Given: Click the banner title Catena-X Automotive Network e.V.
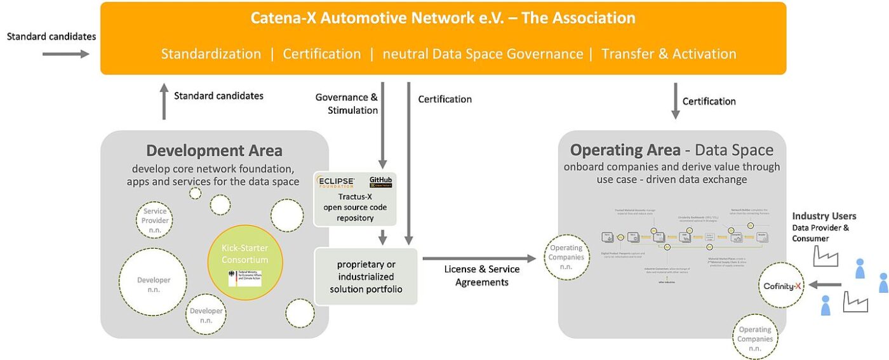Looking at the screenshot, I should coord(443,18).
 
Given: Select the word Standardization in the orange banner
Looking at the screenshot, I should coord(211,54).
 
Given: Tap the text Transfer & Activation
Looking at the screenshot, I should coord(669,54).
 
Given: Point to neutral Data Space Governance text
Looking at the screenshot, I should coord(483,54).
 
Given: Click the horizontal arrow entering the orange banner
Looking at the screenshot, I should coord(66,55).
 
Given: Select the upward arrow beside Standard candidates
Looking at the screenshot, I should coord(164,102).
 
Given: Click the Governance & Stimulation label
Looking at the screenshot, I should coord(347,103).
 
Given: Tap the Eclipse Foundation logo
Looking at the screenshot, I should coord(337,182).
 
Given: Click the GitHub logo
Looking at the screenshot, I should coord(381,182).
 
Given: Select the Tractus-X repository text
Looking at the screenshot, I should coord(355,207).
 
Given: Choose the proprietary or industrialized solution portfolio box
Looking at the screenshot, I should coord(366,277).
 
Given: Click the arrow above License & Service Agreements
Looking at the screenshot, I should coord(479,258).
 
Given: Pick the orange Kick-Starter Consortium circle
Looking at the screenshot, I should coord(244,262).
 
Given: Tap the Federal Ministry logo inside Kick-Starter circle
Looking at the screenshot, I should coord(244,277).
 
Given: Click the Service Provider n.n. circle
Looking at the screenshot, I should coord(154,220).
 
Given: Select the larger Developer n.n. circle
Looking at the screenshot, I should coord(154,284).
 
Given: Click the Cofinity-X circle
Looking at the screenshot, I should coord(780,286).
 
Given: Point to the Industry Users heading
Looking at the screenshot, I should coord(824,217).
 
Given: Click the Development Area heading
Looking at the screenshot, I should coord(214,150).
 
